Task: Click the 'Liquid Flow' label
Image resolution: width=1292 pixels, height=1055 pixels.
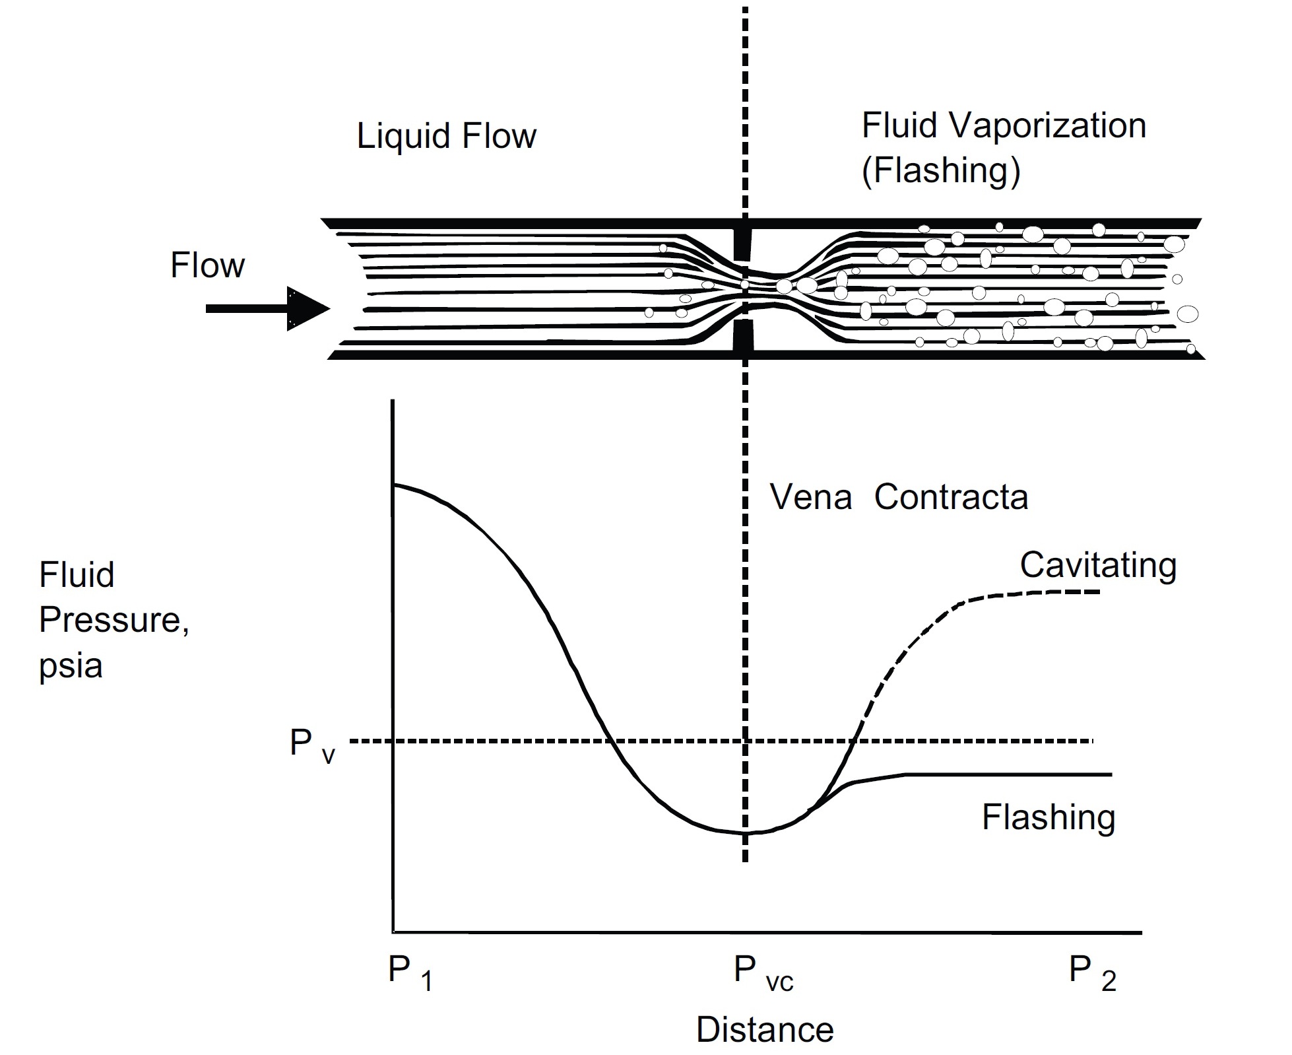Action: click(446, 137)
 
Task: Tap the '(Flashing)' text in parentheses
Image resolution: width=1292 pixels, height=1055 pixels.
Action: click(941, 170)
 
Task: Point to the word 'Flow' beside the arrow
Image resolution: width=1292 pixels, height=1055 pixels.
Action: click(207, 265)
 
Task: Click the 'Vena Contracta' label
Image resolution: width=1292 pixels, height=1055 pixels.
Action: click(899, 497)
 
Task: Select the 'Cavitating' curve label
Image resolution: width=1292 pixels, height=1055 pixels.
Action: click(1098, 565)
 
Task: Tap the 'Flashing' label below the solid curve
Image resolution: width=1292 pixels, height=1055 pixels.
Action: click(1048, 817)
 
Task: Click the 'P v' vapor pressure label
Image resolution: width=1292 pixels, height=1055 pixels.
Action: click(312, 745)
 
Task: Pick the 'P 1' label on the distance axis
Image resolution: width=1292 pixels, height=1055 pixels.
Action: click(410, 972)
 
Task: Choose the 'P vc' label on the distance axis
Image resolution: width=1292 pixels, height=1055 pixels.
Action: click(763, 972)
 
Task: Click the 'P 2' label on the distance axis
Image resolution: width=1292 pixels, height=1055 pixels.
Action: click(1092, 972)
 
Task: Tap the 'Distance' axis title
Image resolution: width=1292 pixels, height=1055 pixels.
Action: click(765, 1030)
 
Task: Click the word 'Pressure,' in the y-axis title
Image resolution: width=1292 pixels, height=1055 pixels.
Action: click(114, 620)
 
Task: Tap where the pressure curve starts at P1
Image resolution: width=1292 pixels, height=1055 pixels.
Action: click(394, 485)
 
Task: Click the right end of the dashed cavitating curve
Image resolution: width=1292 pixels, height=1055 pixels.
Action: click(1098, 592)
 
